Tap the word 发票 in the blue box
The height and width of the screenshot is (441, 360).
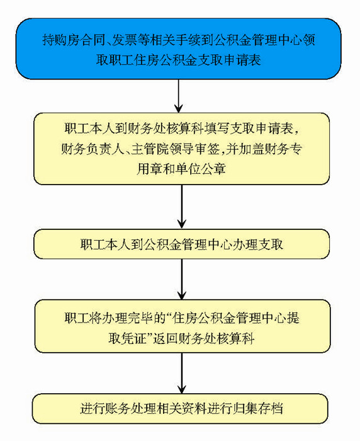click(x=125, y=40)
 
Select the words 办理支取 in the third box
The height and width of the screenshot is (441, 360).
click(x=258, y=244)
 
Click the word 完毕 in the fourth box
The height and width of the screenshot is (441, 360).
click(x=139, y=318)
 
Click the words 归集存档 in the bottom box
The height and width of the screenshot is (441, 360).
click(x=257, y=408)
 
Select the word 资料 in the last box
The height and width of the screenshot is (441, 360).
click(x=194, y=408)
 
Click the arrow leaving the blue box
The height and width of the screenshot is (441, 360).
click(x=179, y=96)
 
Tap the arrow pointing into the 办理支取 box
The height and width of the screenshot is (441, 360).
click(x=182, y=207)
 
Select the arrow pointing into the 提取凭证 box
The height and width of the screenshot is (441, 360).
click(x=182, y=279)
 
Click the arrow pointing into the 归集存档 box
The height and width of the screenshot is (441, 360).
click(x=182, y=373)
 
